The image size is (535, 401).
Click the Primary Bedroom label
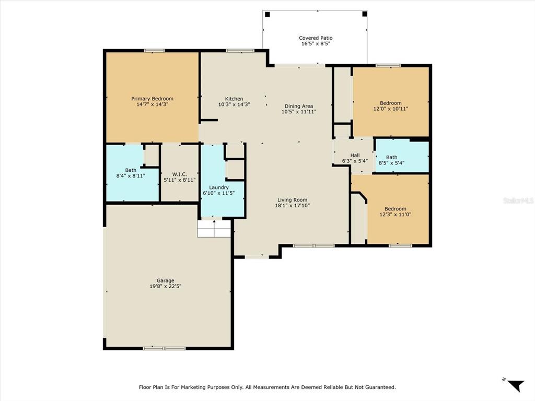[x=152, y=99]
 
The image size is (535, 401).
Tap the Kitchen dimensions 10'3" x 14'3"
[x=234, y=104]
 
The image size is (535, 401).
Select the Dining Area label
[x=298, y=106]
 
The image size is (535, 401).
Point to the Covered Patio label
[x=316, y=38]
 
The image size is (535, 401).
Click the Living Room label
[x=292, y=200]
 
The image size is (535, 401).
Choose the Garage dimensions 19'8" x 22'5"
[x=165, y=286]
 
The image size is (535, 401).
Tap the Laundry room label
[x=219, y=187]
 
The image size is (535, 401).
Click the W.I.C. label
[x=180, y=174]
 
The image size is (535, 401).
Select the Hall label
[x=355, y=155]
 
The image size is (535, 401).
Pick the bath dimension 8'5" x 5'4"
[x=391, y=163]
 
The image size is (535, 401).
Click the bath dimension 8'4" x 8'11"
[x=130, y=175]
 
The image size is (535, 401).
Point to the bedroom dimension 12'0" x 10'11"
[x=391, y=109]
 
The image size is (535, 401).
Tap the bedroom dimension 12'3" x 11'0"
[x=395, y=214]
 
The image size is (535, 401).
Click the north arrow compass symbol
[x=515, y=385]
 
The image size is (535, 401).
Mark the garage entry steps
[x=214, y=229]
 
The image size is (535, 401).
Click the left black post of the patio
[x=267, y=14]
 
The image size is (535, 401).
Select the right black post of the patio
[x=364, y=14]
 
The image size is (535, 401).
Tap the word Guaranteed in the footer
[x=380, y=387]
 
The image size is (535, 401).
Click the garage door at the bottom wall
[x=164, y=348]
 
